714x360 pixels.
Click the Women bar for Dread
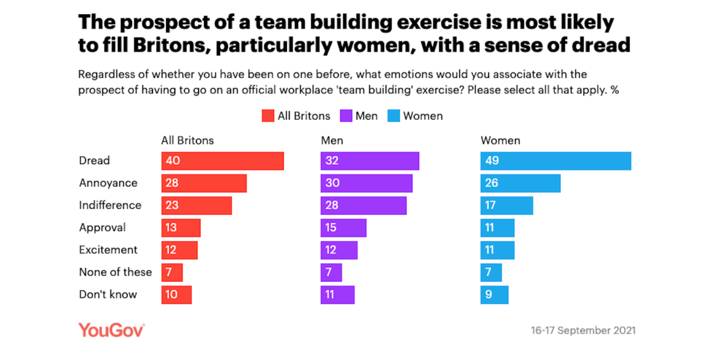tap(555, 160)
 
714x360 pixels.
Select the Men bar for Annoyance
tap(366, 183)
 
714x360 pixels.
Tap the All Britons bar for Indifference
tap(196, 205)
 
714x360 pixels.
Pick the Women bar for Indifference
tap(506, 205)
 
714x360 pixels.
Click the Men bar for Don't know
tap(337, 294)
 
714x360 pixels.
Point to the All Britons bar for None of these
tap(172, 272)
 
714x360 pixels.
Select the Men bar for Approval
tap(343, 227)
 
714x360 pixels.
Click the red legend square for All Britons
tap(268, 116)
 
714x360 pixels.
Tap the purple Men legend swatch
tap(345, 116)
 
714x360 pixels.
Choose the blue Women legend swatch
tap(393, 116)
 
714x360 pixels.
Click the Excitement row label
tap(108, 250)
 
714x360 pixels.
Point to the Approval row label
tap(102, 227)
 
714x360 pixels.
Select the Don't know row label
tap(107, 294)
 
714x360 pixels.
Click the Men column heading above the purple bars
tap(332, 141)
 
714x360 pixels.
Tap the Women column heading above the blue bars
tap(500, 141)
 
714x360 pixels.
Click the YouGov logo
tap(111, 330)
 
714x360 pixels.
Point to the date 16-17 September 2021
tap(583, 331)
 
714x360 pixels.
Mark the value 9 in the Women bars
tap(489, 294)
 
